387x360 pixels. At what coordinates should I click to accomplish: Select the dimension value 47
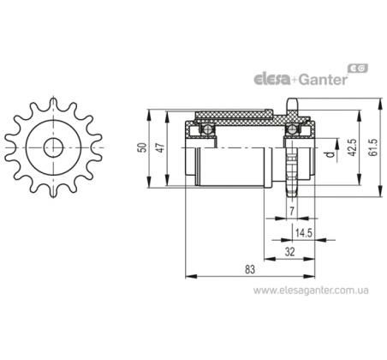click(161, 147)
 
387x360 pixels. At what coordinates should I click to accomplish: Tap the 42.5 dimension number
click(353, 147)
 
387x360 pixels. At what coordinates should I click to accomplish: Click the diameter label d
click(330, 154)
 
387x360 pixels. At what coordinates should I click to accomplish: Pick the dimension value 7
click(292, 211)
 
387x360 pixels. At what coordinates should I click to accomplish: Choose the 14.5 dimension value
click(303, 233)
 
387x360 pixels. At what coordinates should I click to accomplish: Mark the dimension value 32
click(289, 252)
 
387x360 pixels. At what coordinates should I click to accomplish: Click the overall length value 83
click(250, 269)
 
